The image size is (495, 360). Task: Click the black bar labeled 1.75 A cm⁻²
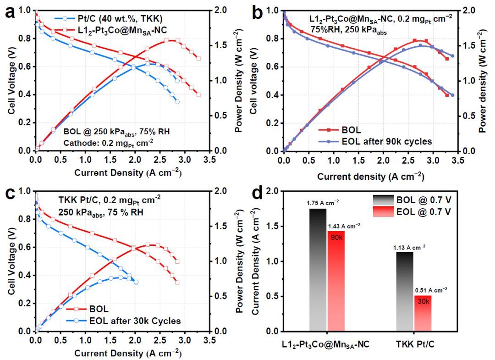(318, 270)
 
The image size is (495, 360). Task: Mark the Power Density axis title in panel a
(238, 80)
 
